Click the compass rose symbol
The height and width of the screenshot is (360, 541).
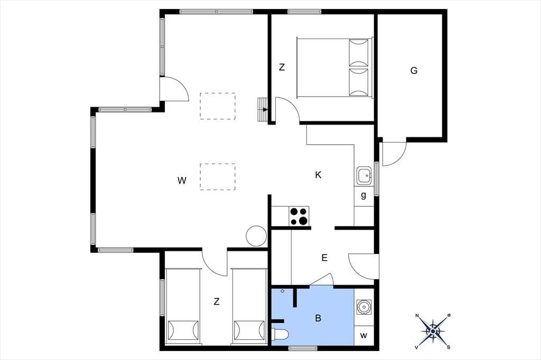[x=433, y=331]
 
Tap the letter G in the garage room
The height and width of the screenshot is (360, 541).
[x=414, y=71]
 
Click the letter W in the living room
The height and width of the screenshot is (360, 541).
[x=182, y=181]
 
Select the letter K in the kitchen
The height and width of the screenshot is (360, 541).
[x=318, y=175]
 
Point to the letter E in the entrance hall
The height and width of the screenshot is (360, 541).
[x=324, y=258]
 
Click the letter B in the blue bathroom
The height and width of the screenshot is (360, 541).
[x=318, y=318]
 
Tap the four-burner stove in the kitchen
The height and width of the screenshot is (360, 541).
[x=299, y=216]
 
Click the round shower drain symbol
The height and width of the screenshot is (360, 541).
[x=363, y=306]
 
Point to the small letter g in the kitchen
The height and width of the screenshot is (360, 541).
[x=363, y=195]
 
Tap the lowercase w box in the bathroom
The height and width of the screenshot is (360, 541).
[x=364, y=335]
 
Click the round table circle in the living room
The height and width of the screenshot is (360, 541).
[x=256, y=236]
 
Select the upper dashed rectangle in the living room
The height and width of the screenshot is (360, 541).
[x=218, y=106]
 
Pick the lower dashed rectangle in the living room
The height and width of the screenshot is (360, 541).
[x=218, y=177]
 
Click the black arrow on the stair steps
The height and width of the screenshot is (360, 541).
[x=265, y=110]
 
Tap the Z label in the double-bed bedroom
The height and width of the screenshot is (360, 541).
[x=282, y=67]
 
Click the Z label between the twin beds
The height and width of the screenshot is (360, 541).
[x=216, y=302]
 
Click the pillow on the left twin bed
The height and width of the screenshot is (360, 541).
[x=183, y=330]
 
